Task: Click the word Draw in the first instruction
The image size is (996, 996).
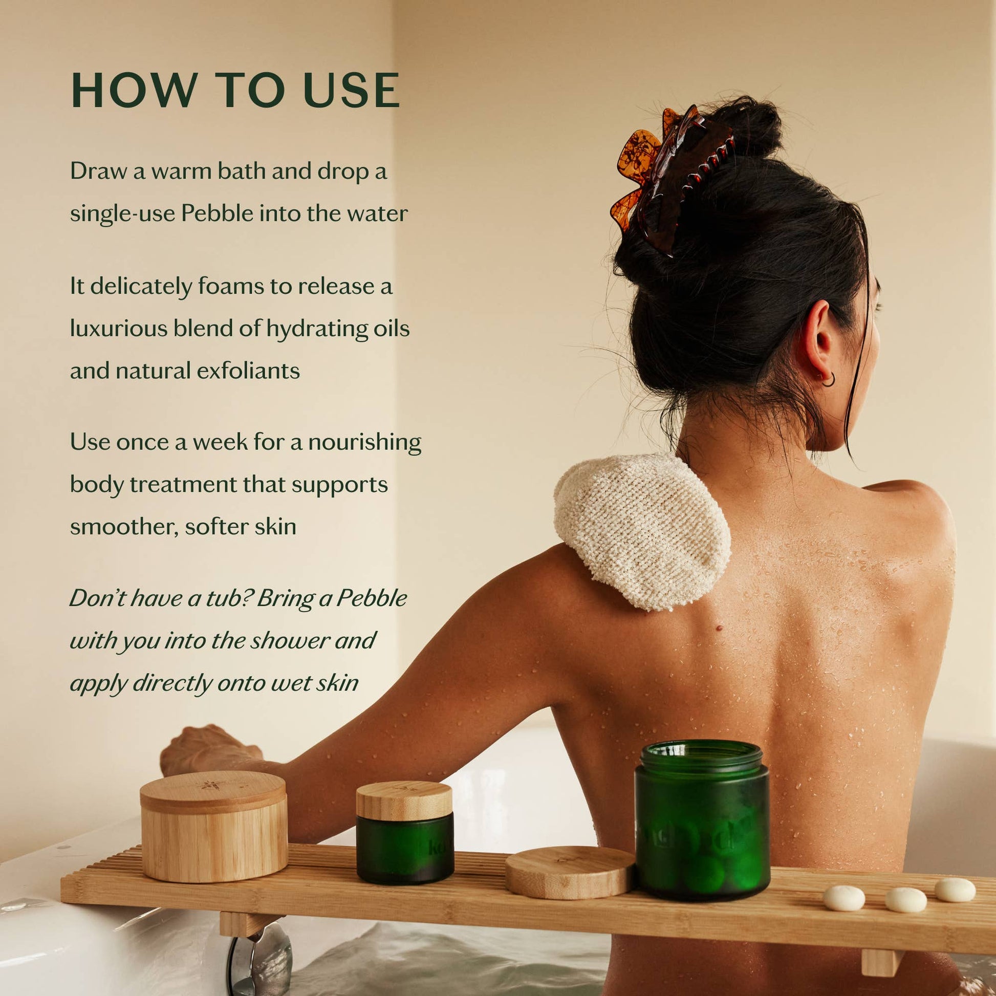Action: click(97, 171)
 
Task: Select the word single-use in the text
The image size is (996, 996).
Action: click(122, 213)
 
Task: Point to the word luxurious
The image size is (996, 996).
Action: click(119, 329)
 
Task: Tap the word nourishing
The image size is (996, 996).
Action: click(364, 442)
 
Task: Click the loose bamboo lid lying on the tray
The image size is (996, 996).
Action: click(570, 872)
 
